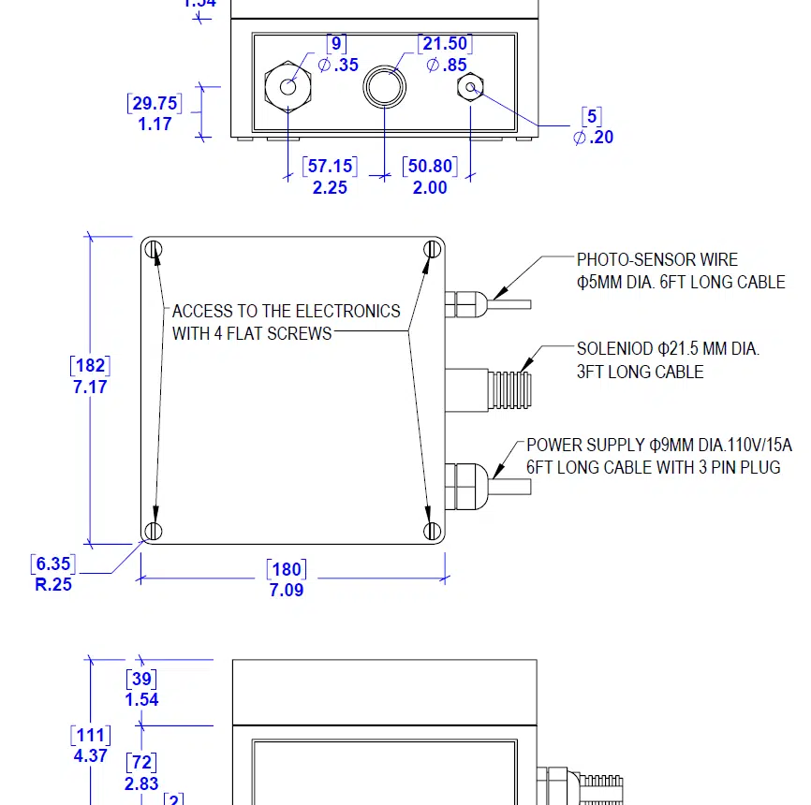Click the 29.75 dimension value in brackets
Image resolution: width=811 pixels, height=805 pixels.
coord(155,103)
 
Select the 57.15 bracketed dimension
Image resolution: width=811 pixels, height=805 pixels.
coord(330,167)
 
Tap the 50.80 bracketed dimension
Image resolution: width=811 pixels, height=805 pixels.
coord(430,167)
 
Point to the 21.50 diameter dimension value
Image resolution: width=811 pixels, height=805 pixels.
coord(445,44)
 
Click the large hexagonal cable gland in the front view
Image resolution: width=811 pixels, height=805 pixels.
coord(288,86)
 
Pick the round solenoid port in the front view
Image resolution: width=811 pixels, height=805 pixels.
coord(385,87)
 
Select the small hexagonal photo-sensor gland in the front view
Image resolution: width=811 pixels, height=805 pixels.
coord(470,88)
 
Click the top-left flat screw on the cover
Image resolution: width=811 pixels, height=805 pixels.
coord(155,250)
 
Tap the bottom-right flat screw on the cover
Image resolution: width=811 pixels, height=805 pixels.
coord(432,531)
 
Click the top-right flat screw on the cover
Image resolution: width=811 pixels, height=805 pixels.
coord(432,249)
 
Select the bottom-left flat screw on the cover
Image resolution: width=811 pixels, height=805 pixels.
coord(155,531)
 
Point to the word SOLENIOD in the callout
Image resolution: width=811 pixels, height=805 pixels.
coord(612,350)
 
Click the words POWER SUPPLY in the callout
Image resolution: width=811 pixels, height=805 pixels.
coord(585,446)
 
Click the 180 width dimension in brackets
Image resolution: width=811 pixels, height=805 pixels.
coord(287,569)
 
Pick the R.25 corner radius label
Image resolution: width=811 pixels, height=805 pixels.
coord(53,586)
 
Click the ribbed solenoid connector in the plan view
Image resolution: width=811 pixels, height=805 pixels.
coord(510,386)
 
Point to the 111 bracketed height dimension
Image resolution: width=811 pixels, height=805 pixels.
coord(91,736)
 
